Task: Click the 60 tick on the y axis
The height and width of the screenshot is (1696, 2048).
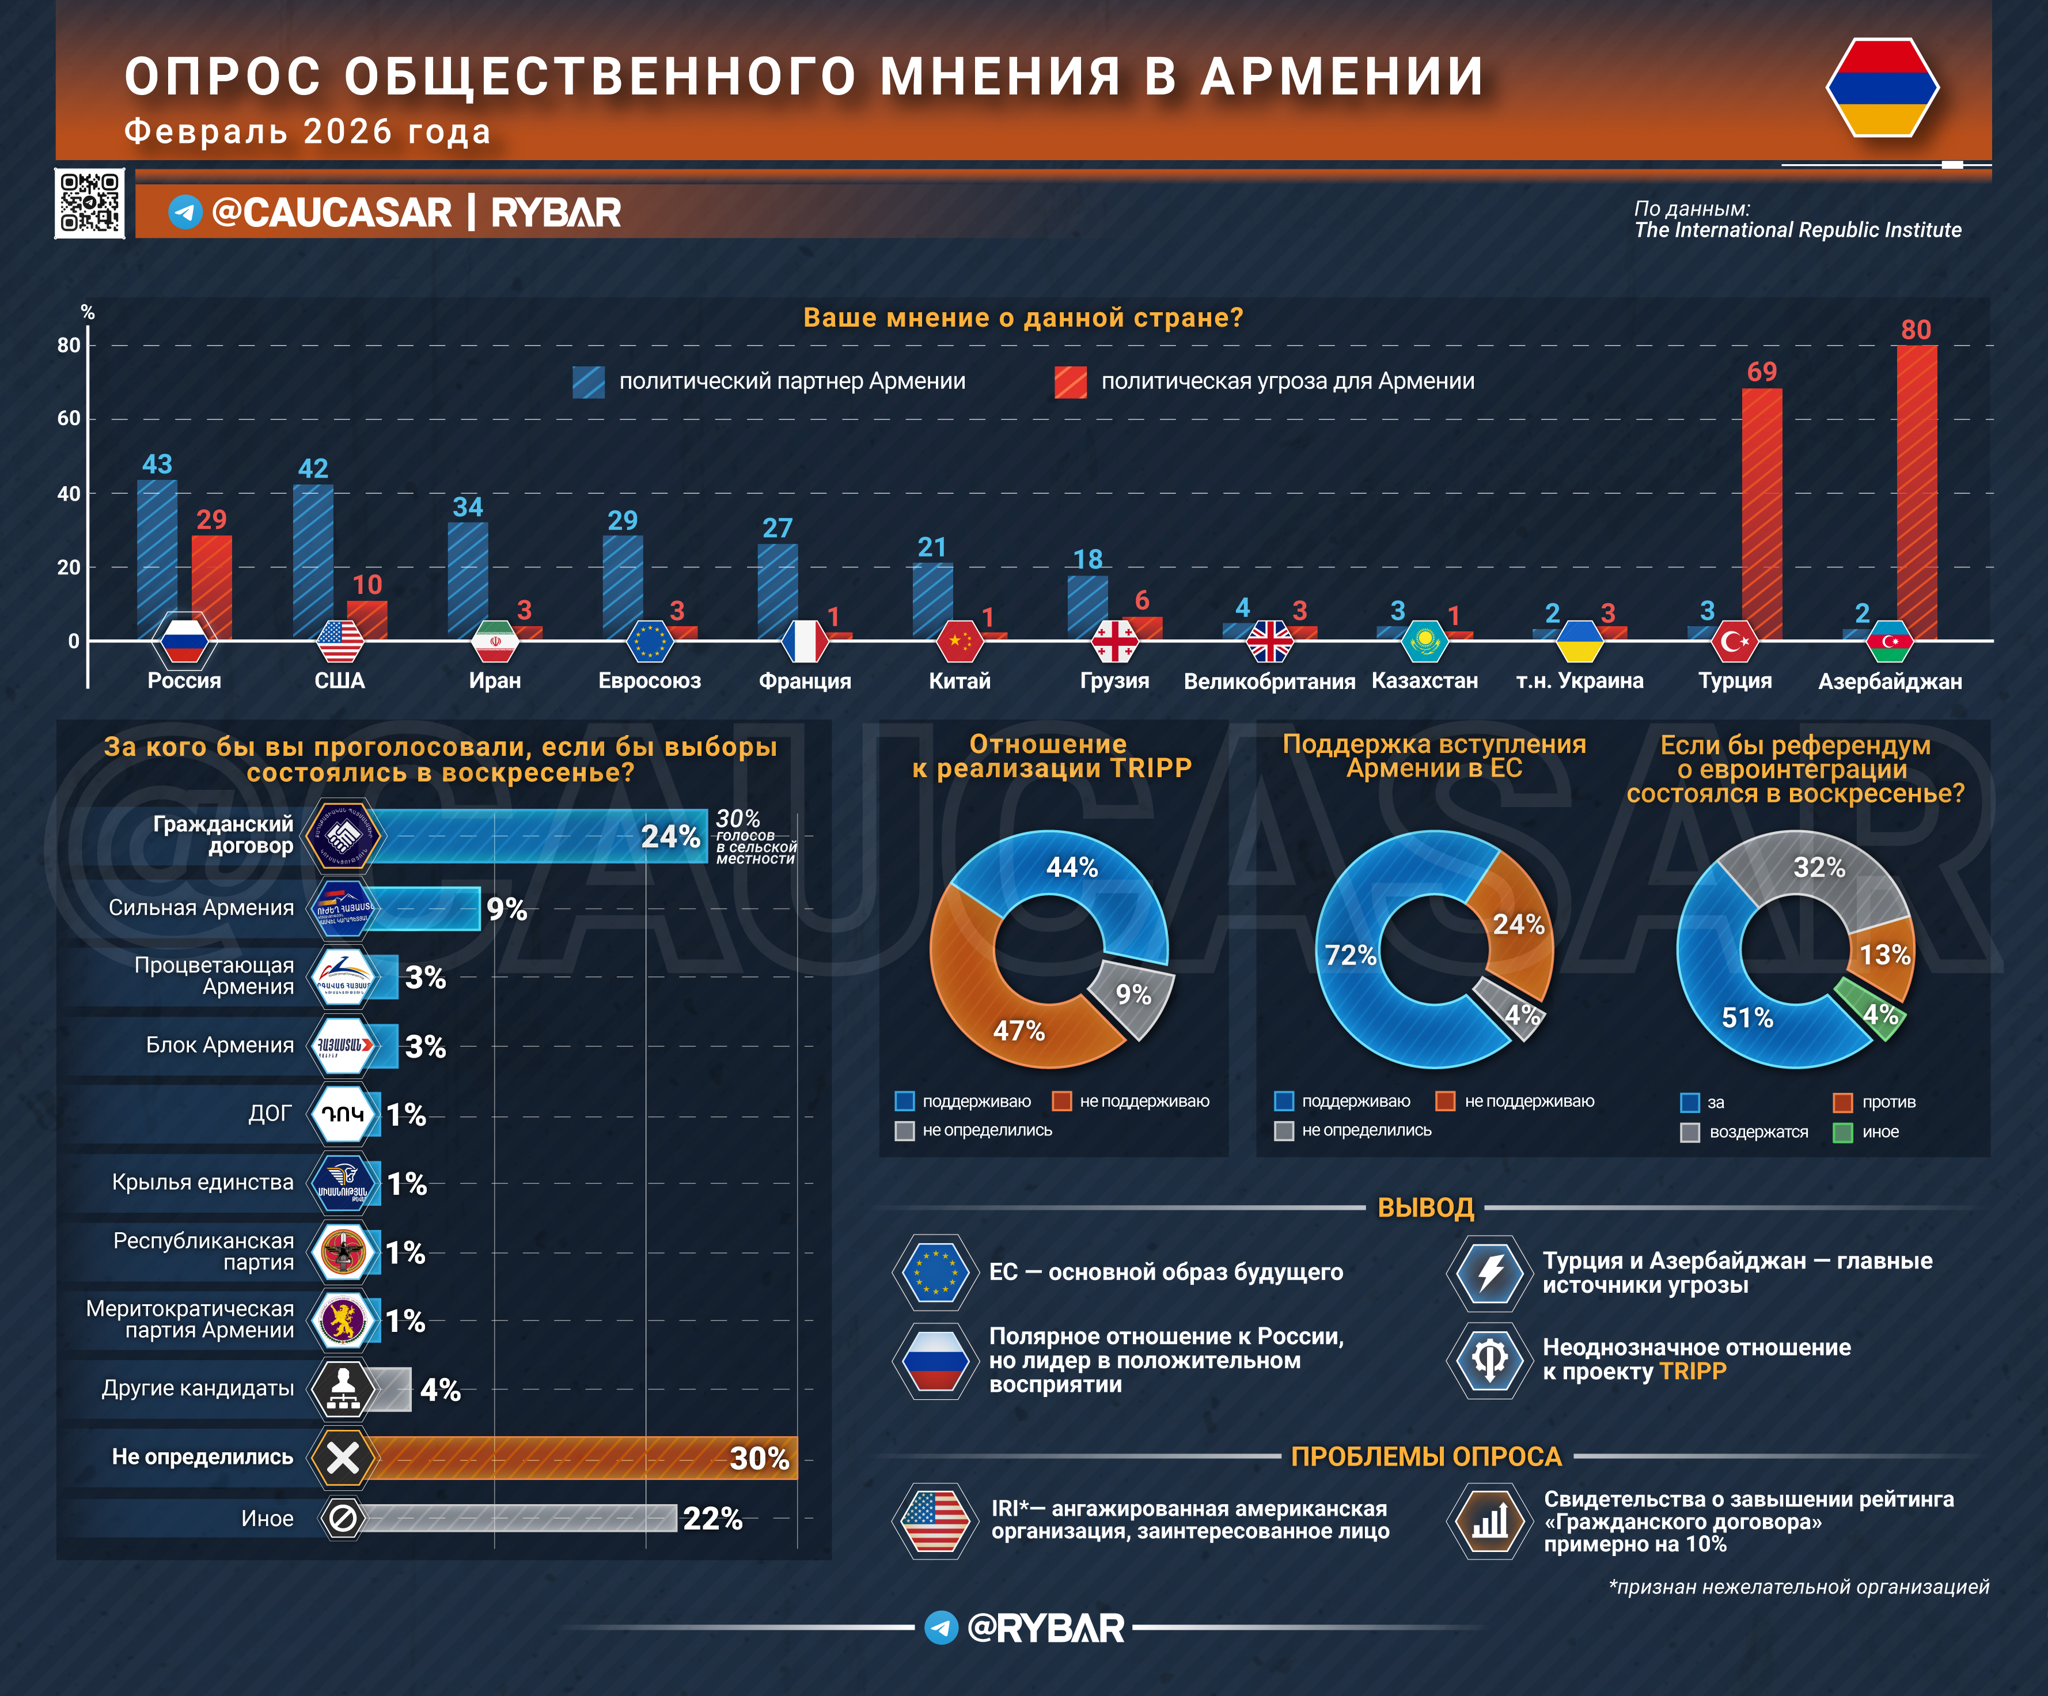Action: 69,418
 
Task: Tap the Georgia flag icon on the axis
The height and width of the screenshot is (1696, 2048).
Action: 1114,641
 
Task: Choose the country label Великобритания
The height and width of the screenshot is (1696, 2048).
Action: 1269,681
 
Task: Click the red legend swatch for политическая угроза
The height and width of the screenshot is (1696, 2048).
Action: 1070,381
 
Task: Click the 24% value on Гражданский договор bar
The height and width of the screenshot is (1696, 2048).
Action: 670,837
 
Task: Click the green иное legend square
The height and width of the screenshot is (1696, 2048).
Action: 1842,1132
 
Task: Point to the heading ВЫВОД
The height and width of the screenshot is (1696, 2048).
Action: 1425,1207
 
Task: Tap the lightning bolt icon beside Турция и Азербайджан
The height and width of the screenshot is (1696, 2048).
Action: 1489,1273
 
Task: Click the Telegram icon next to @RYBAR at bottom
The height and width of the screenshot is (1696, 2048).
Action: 941,1627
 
